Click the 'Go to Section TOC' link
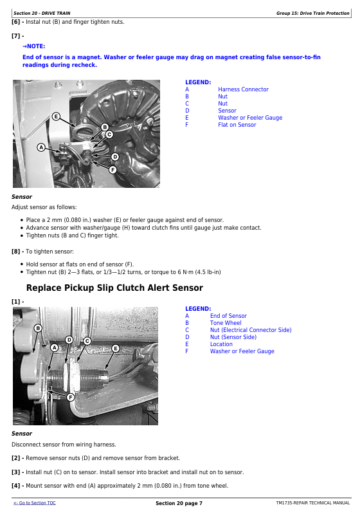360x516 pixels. point(35,503)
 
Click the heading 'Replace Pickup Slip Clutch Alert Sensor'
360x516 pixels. point(114,288)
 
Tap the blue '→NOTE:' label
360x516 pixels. point(34,46)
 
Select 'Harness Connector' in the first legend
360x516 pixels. point(243,89)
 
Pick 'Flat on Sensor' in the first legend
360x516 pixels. point(237,125)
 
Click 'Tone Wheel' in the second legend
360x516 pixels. point(226,323)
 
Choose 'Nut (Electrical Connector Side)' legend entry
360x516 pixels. point(251,330)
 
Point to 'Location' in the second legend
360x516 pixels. point(221,344)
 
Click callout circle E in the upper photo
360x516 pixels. point(56,116)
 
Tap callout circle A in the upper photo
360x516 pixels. point(41,147)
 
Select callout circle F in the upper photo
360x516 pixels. point(113,170)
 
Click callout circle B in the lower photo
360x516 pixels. point(38,328)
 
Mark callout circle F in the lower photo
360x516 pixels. point(70,397)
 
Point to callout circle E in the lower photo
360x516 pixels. point(116,348)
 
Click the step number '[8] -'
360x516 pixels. point(18,252)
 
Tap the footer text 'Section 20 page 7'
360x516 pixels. point(179,503)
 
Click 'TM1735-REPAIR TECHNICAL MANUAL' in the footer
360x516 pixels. point(313,503)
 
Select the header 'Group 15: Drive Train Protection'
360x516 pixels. point(312,13)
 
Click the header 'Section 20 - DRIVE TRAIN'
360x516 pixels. point(42,13)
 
